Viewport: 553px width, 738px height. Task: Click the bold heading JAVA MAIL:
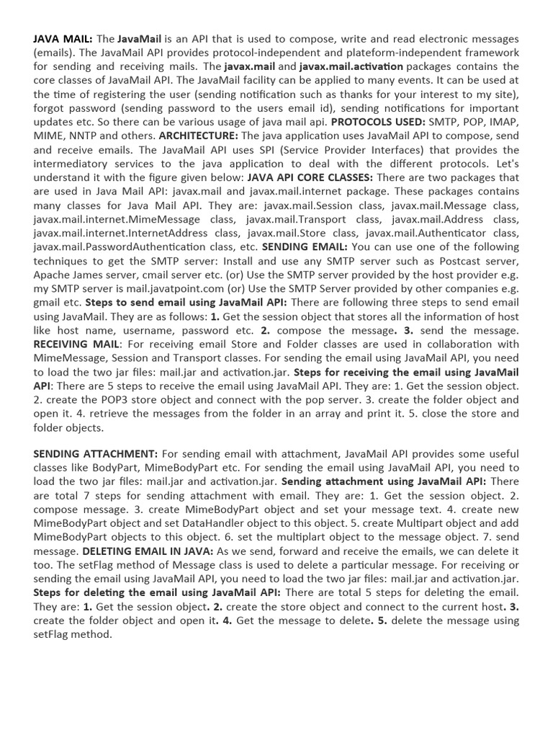[63, 38]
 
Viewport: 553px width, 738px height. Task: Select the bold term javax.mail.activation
[351, 66]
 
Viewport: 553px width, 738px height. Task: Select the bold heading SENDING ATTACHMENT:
[95, 454]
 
